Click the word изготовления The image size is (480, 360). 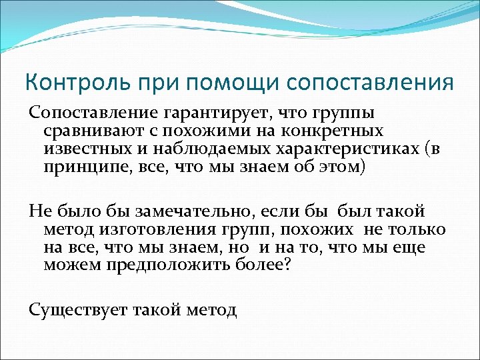155,229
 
